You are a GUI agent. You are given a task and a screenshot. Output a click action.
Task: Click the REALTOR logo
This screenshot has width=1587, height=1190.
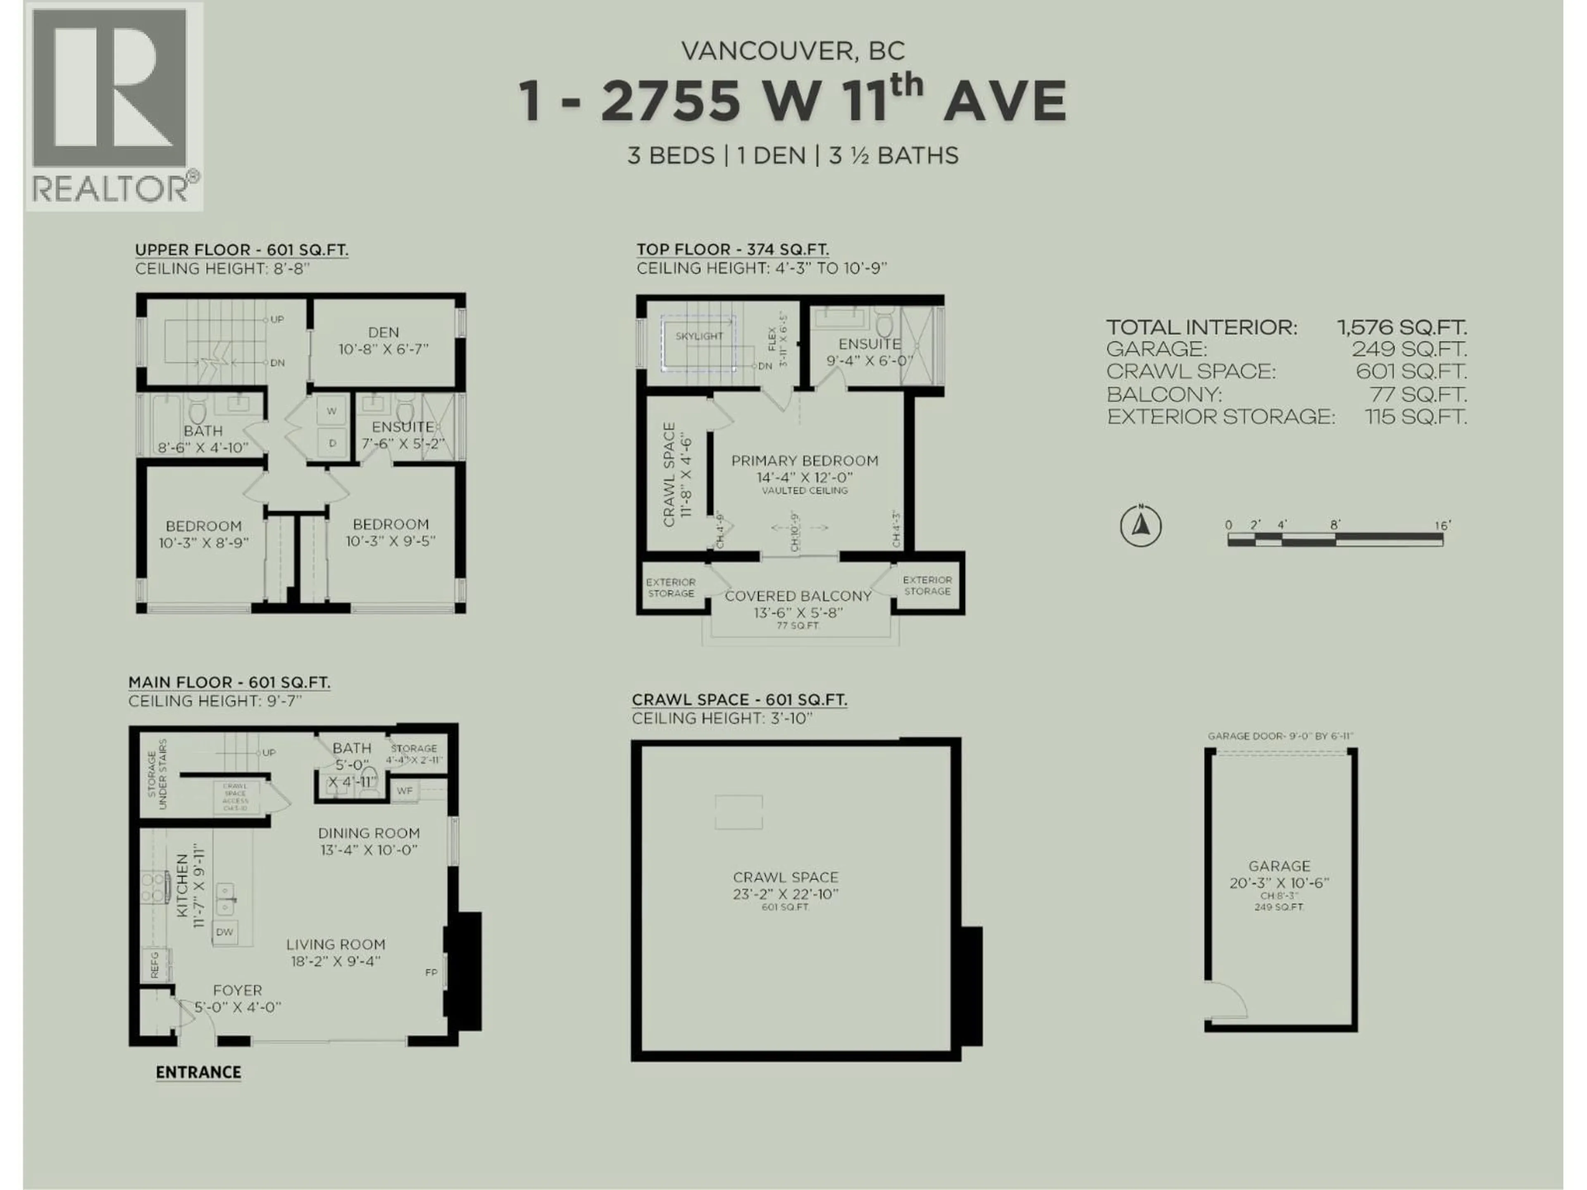point(114,106)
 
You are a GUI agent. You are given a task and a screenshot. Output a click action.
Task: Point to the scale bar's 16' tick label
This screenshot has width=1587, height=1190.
point(1442,526)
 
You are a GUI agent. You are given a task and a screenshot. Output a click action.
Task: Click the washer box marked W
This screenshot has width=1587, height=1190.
point(331,411)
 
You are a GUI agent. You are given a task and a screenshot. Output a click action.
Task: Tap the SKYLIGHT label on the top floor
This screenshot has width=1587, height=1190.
point(699,336)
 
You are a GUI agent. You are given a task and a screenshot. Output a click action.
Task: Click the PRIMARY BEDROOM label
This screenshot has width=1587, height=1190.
point(804,461)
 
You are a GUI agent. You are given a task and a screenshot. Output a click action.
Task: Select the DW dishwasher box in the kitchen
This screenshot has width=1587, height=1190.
point(224,932)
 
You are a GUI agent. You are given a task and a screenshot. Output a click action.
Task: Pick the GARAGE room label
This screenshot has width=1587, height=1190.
point(1279,866)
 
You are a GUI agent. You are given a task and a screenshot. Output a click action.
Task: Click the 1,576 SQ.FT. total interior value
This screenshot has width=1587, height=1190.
point(1401,328)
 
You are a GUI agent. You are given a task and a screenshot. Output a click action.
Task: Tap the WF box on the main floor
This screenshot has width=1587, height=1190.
point(405,790)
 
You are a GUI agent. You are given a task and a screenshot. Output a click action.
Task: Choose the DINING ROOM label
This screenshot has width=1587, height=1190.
point(369,833)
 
